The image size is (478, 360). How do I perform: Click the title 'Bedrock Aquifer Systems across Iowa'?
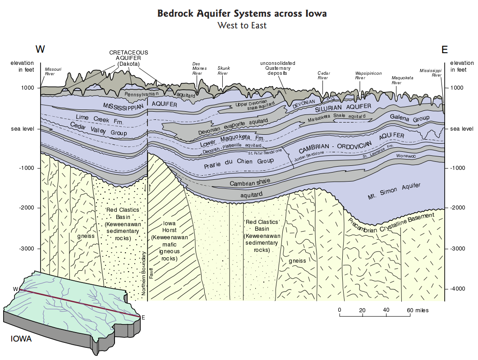tap(242, 14)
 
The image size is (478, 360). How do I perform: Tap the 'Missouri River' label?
tap(53, 71)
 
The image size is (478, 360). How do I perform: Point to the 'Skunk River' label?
tap(224, 70)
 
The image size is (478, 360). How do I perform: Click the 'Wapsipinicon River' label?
tap(365, 75)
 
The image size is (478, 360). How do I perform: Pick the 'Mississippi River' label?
tap(430, 73)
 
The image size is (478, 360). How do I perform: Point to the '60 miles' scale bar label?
tap(418, 310)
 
